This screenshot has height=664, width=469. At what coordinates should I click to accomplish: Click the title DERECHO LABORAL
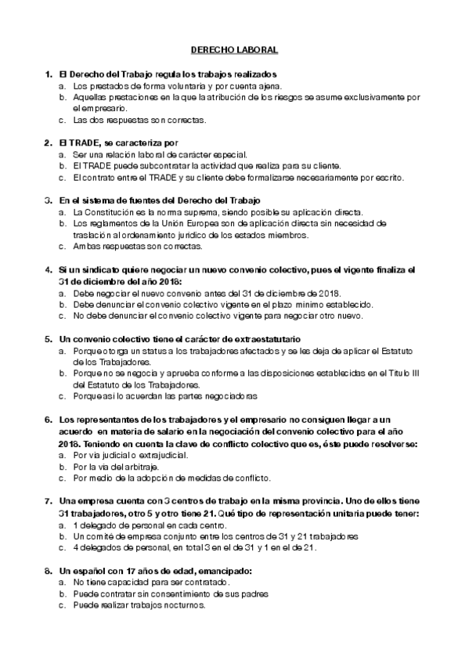coord(235,49)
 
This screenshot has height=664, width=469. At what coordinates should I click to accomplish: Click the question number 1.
coord(49,74)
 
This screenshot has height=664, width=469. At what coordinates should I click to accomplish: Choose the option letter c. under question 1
coord(62,120)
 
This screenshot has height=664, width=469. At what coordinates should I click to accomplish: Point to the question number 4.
coord(49,270)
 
